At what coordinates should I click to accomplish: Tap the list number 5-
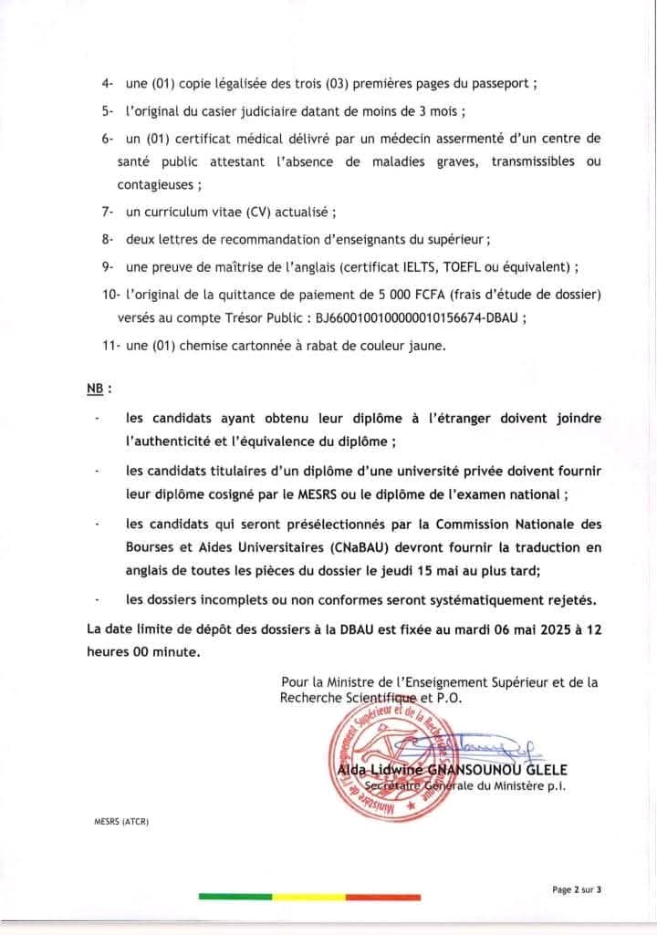[108, 113]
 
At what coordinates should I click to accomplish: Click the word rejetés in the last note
[568, 599]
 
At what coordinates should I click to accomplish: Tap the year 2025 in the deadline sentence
[525, 629]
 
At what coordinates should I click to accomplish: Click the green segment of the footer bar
[235, 898]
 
